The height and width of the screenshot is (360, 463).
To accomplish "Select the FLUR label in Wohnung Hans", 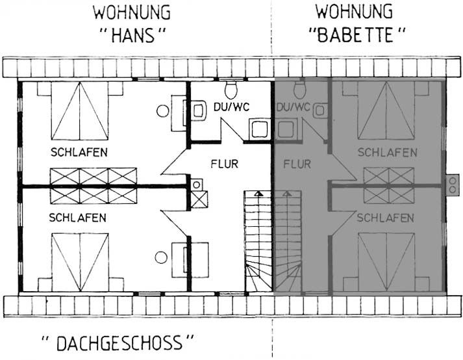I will [x=224, y=164].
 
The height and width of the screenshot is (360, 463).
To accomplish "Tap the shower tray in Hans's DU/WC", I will [x=259, y=127].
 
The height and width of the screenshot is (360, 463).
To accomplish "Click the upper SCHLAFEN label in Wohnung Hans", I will [x=79, y=153].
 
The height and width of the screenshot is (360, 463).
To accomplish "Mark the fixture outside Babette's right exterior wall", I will [x=451, y=185].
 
